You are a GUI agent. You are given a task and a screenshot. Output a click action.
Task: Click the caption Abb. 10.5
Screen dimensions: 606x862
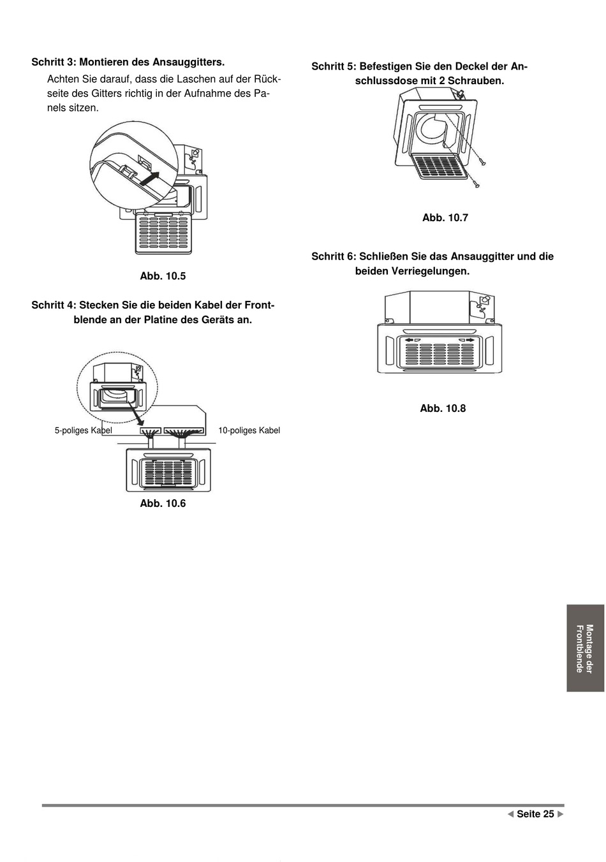(x=163, y=276)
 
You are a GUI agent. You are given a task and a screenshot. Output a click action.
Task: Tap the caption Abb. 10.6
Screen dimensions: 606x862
(x=163, y=504)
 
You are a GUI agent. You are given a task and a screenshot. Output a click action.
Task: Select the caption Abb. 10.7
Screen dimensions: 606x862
(x=445, y=218)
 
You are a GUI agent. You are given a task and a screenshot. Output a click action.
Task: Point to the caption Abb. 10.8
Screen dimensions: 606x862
(x=443, y=409)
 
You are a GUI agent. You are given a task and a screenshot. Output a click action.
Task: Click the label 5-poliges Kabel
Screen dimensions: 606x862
(x=83, y=431)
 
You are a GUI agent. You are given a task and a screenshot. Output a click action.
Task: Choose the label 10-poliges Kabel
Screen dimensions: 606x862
(x=249, y=431)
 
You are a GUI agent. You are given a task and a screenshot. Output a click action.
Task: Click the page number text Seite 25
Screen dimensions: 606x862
(x=535, y=814)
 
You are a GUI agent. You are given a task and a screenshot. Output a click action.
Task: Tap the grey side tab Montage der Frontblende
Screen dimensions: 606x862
(x=585, y=648)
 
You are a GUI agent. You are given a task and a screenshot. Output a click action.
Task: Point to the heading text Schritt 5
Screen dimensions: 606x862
(x=332, y=67)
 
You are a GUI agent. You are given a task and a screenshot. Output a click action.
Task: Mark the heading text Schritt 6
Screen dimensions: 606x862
(x=332, y=257)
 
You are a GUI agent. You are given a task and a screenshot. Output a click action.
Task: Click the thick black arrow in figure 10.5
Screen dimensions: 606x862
(x=149, y=178)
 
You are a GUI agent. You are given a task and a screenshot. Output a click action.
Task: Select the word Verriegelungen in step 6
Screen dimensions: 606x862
(x=431, y=272)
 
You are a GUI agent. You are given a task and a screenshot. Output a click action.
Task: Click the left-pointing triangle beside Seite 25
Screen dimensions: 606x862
(x=510, y=814)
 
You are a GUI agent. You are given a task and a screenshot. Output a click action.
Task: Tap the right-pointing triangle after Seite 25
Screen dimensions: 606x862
(x=561, y=814)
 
